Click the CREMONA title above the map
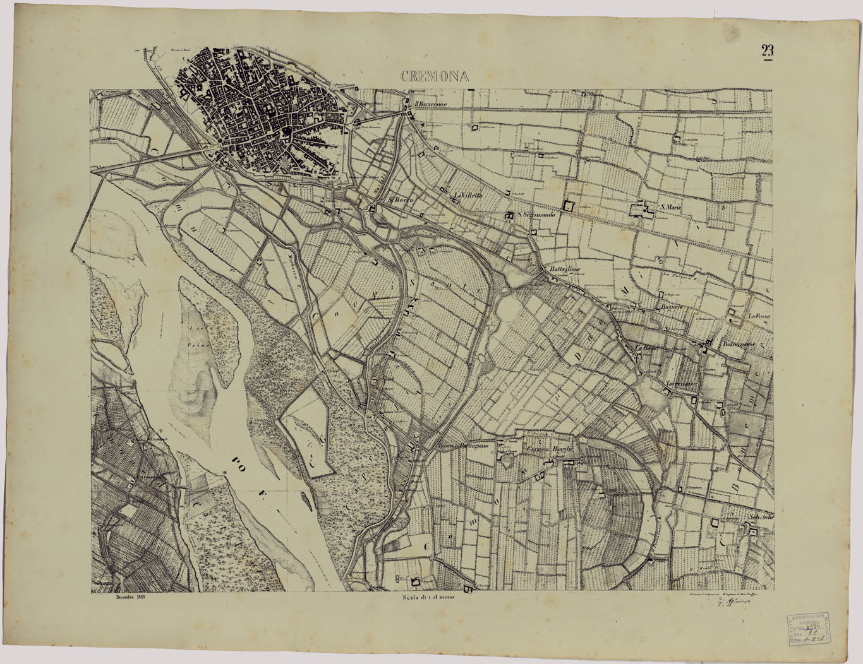click(x=434, y=76)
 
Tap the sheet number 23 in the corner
click(x=768, y=52)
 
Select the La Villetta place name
click(x=469, y=196)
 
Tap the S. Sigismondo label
click(x=537, y=215)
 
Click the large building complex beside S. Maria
click(x=643, y=210)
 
